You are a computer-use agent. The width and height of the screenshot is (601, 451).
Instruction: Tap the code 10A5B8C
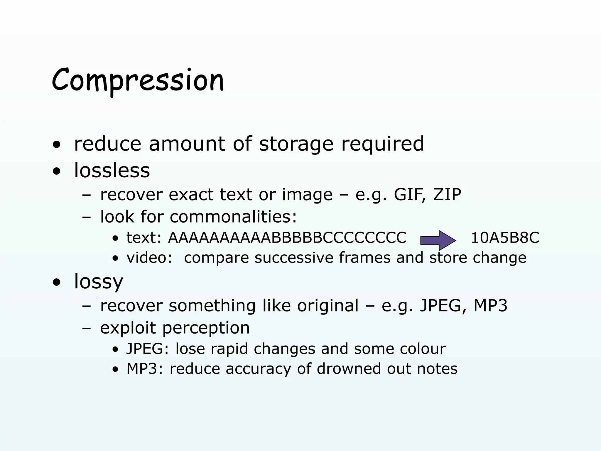505,238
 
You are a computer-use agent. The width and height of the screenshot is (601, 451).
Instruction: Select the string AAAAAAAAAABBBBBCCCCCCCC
287,238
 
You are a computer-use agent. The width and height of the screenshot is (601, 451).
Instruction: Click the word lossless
112,170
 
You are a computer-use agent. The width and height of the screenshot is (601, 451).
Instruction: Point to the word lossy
99,281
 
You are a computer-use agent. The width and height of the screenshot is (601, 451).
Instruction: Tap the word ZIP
447,194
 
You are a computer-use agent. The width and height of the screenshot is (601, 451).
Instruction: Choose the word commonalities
233,216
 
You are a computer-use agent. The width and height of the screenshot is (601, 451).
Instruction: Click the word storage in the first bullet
296,144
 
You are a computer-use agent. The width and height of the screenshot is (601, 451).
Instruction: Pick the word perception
206,328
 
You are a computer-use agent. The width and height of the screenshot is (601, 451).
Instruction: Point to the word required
382,144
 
